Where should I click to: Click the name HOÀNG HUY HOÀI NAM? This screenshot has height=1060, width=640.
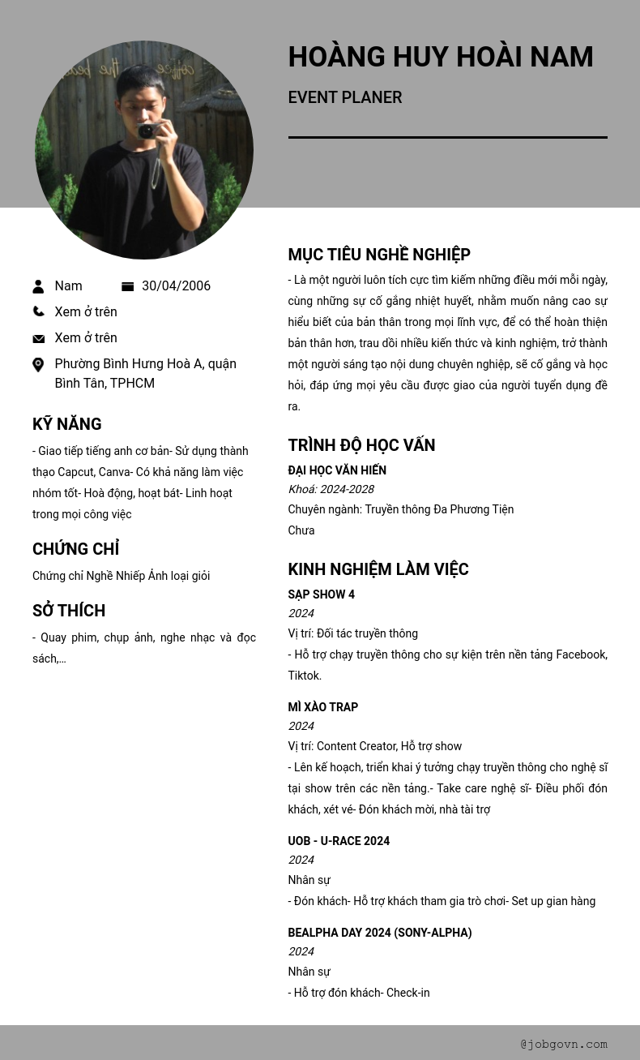pyautogui.click(x=440, y=58)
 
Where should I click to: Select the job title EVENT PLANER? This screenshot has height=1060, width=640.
pyautogui.click(x=344, y=97)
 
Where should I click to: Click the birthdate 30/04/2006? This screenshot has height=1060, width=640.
pyautogui.click(x=176, y=286)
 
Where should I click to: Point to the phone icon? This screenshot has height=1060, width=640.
pyautogui.click(x=38, y=311)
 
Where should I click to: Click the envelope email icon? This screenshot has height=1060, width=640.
pyautogui.click(x=38, y=338)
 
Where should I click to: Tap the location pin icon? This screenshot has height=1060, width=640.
pyautogui.click(x=38, y=365)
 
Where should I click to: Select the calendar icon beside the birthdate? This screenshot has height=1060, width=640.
pyautogui.click(x=127, y=286)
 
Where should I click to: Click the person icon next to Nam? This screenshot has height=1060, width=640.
pyautogui.click(x=38, y=286)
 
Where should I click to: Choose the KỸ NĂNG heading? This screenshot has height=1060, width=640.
pyautogui.click(x=66, y=424)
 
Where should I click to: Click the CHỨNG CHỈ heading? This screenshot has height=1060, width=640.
pyautogui.click(x=75, y=549)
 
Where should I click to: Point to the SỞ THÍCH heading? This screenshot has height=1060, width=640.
pyautogui.click(x=69, y=611)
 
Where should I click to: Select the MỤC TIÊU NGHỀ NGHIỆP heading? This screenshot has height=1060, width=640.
pyautogui.click(x=378, y=255)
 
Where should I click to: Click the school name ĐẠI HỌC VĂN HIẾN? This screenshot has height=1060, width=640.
pyautogui.click(x=336, y=470)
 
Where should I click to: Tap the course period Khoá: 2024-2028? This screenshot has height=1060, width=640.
pyautogui.click(x=331, y=489)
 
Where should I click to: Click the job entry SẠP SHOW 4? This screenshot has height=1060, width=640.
pyautogui.click(x=321, y=594)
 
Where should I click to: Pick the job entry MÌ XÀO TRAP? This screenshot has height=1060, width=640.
pyautogui.click(x=322, y=707)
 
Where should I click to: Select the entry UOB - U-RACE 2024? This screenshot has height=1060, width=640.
pyautogui.click(x=338, y=841)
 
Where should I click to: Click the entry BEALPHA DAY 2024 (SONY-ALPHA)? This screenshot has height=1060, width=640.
pyautogui.click(x=379, y=933)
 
